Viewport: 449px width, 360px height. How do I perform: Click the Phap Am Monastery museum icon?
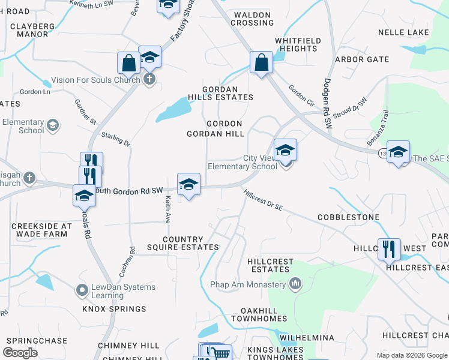click(x=295, y=283)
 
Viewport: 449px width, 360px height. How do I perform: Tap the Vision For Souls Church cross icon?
click(x=149, y=79)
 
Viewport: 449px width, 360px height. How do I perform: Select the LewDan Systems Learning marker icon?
click(x=82, y=291)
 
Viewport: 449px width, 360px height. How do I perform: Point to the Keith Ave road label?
click(x=168, y=208)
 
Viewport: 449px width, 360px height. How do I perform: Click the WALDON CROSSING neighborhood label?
click(x=253, y=19)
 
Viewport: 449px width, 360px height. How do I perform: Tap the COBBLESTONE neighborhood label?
click(x=348, y=217)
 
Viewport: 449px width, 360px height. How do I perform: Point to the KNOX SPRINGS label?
click(x=114, y=309)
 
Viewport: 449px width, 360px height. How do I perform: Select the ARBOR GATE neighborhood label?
click(x=362, y=59)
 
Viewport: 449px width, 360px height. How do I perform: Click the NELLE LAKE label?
click(x=403, y=32)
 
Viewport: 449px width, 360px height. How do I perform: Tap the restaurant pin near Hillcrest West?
click(x=389, y=248)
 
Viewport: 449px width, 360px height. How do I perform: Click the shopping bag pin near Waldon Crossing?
click(x=261, y=63)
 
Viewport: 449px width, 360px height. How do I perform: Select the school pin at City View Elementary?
click(x=285, y=151)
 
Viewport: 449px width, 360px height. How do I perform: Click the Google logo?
click(x=20, y=352)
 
